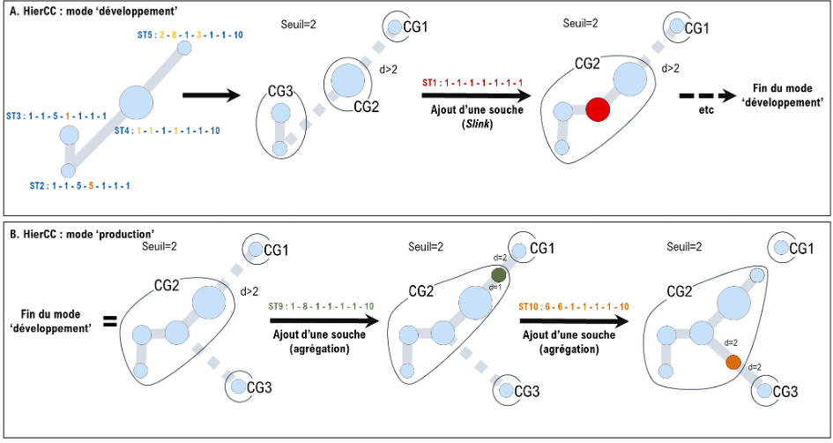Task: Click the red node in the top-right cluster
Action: click(x=598, y=109)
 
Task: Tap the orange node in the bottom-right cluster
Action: click(x=733, y=362)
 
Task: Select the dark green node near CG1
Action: click(x=499, y=274)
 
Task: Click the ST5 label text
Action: click(x=190, y=35)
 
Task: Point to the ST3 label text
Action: click(x=56, y=116)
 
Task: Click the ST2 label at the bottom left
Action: click(x=79, y=186)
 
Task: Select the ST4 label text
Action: click(x=167, y=131)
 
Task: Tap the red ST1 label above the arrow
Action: click(x=472, y=82)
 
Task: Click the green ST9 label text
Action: click(x=321, y=306)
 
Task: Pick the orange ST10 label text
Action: click(x=574, y=306)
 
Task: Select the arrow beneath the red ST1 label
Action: click(x=476, y=95)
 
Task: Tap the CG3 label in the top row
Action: click(x=280, y=91)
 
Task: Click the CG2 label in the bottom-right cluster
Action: click(x=679, y=291)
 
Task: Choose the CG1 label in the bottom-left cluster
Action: click(x=276, y=251)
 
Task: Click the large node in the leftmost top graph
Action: click(x=136, y=102)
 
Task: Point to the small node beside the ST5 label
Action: click(x=184, y=48)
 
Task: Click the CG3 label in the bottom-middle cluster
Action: click(x=527, y=391)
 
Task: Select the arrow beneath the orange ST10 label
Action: click(x=575, y=322)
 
